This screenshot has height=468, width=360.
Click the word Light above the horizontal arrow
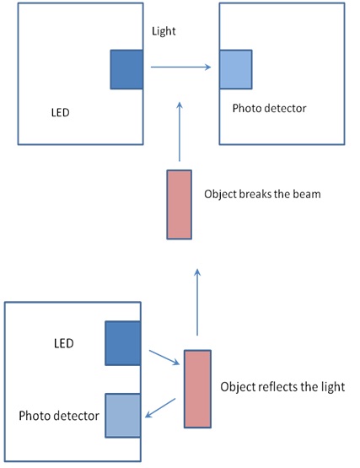coord(164,31)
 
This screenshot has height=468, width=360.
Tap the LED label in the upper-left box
coord(61,112)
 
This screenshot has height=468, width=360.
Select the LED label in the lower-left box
coord(63,343)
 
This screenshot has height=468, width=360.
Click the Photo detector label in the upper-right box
coord(269,108)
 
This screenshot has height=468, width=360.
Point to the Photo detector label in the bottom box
coord(59,416)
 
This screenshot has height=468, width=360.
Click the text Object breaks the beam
coord(262,194)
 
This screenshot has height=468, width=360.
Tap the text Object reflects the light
coord(282,387)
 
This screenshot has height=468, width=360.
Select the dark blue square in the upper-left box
coord(126,69)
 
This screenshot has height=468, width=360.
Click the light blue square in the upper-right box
coord(236,69)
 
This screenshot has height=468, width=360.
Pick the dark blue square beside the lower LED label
coord(123,343)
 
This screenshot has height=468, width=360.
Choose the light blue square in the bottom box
coord(123,416)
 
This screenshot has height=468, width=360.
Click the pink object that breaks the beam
coord(179,204)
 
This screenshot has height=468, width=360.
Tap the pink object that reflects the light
coord(197,389)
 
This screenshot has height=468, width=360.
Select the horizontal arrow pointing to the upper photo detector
coord(181,67)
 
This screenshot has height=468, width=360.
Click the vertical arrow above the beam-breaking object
coord(180,132)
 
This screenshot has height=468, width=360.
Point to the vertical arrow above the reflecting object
coord(197,302)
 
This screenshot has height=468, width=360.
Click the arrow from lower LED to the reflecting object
coord(164,358)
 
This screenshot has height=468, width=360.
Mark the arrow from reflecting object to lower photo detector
coord(160,408)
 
